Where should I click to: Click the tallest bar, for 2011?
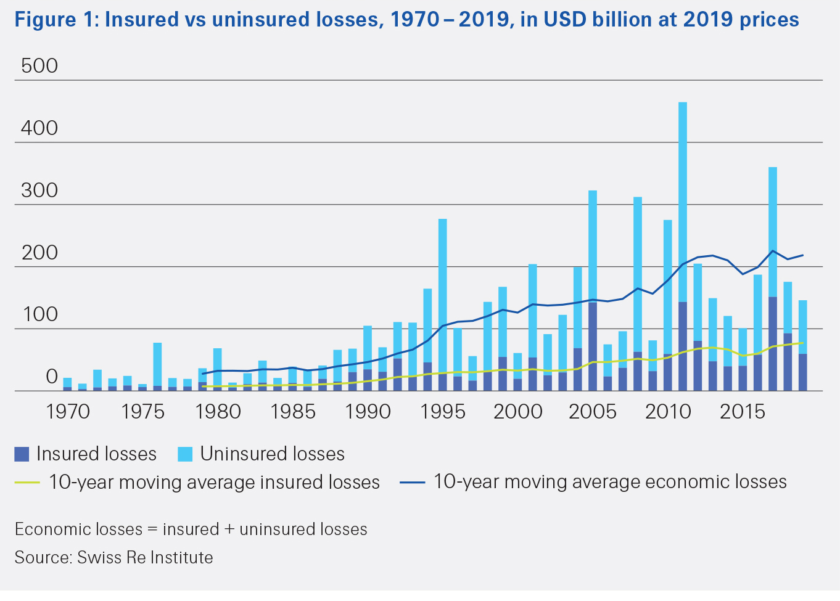(682, 247)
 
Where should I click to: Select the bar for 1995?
(442, 305)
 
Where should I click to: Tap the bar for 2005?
(592, 290)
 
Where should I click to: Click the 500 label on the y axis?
(39, 66)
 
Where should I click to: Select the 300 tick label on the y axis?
(39, 190)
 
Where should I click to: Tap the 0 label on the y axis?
(52, 377)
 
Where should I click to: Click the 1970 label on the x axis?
(68, 411)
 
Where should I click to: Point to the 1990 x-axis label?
(368, 411)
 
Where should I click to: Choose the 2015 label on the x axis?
(743, 411)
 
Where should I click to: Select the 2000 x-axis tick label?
(517, 411)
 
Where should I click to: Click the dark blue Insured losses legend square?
(22, 454)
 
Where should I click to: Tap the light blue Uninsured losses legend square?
(185, 454)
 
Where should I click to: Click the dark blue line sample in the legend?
(412, 483)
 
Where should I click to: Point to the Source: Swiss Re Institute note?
(114, 557)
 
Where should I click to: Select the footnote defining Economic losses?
(191, 529)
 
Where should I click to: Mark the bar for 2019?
(802, 345)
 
